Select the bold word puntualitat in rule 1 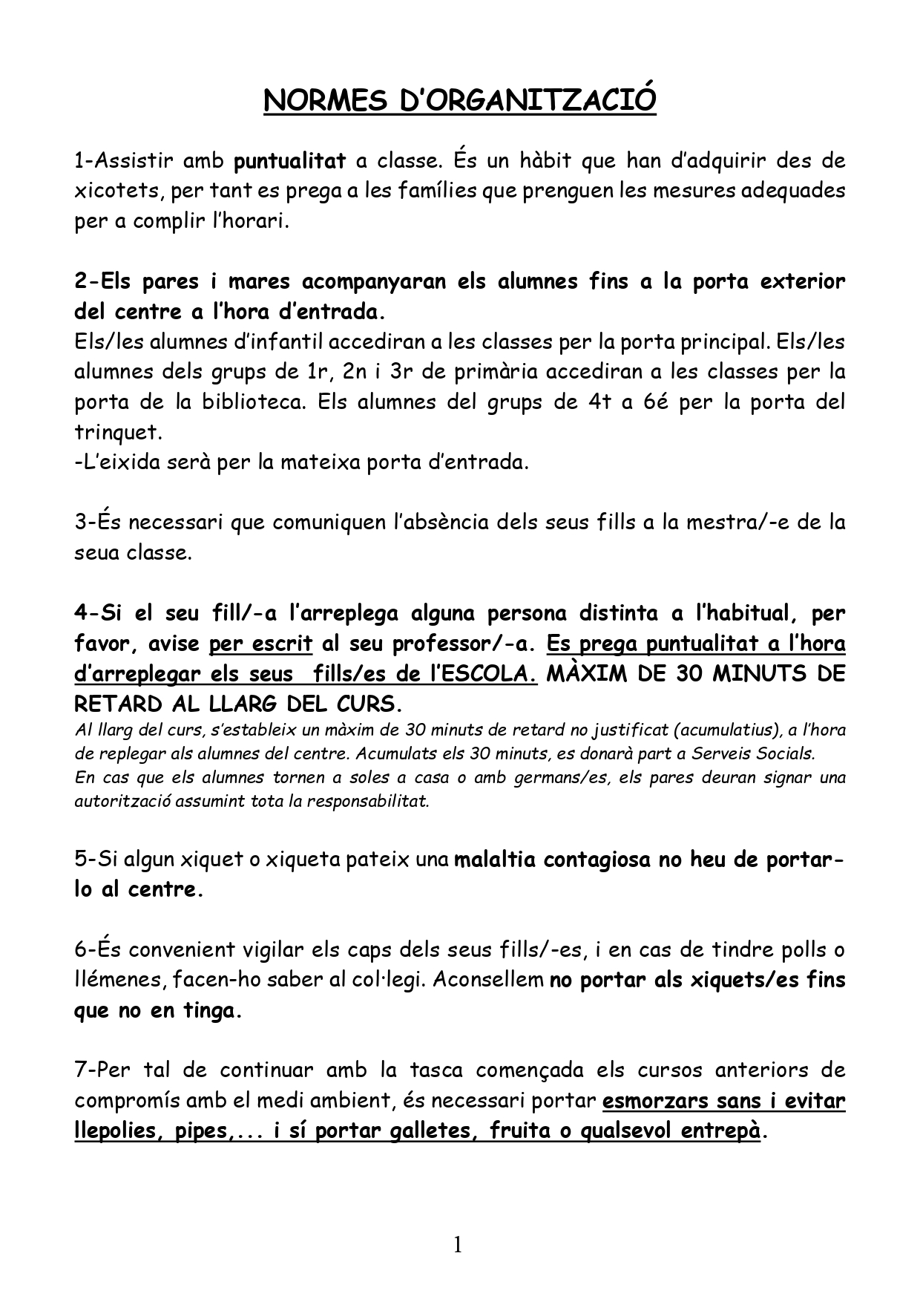click(290, 160)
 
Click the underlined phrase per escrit click(260, 643)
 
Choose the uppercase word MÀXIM click(589, 673)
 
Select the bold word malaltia click(494, 860)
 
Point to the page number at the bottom click(458, 1245)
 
